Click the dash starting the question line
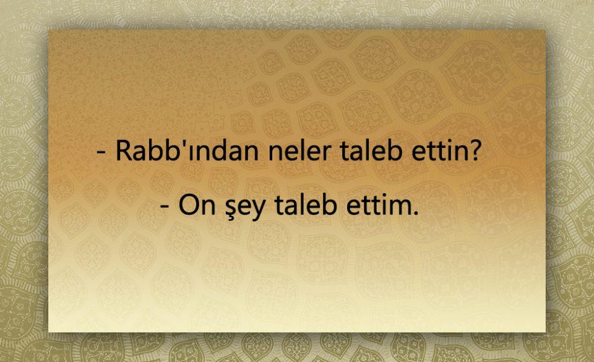pos(101,152)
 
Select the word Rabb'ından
pos(187,150)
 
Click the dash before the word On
pos(165,207)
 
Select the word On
pos(197,205)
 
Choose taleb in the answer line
pos(306,205)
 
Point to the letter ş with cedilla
pos(231,210)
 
